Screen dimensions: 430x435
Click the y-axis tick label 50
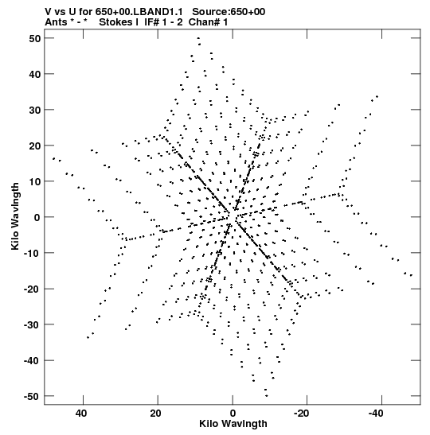coord(35,38)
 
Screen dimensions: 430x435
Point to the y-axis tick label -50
coord(32,396)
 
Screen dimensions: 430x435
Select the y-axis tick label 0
coord(37,217)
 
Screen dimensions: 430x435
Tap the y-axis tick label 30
coord(35,110)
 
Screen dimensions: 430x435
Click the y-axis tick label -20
coord(32,289)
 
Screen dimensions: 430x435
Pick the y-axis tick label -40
coord(32,360)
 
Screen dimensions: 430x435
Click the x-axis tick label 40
coord(81,414)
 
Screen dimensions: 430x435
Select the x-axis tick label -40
coord(376,414)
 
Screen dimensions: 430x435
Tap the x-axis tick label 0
coord(233,414)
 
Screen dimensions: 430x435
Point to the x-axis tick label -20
coord(301,414)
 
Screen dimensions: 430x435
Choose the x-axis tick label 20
coord(155,414)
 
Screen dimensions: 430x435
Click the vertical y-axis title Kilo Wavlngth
coord(15,216)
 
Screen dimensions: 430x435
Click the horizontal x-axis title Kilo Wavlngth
coord(233,424)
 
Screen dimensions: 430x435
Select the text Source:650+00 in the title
coord(229,12)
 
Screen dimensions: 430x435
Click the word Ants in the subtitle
coord(56,22)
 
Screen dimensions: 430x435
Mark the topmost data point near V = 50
coord(198,38)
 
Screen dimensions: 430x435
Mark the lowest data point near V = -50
coord(267,396)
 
